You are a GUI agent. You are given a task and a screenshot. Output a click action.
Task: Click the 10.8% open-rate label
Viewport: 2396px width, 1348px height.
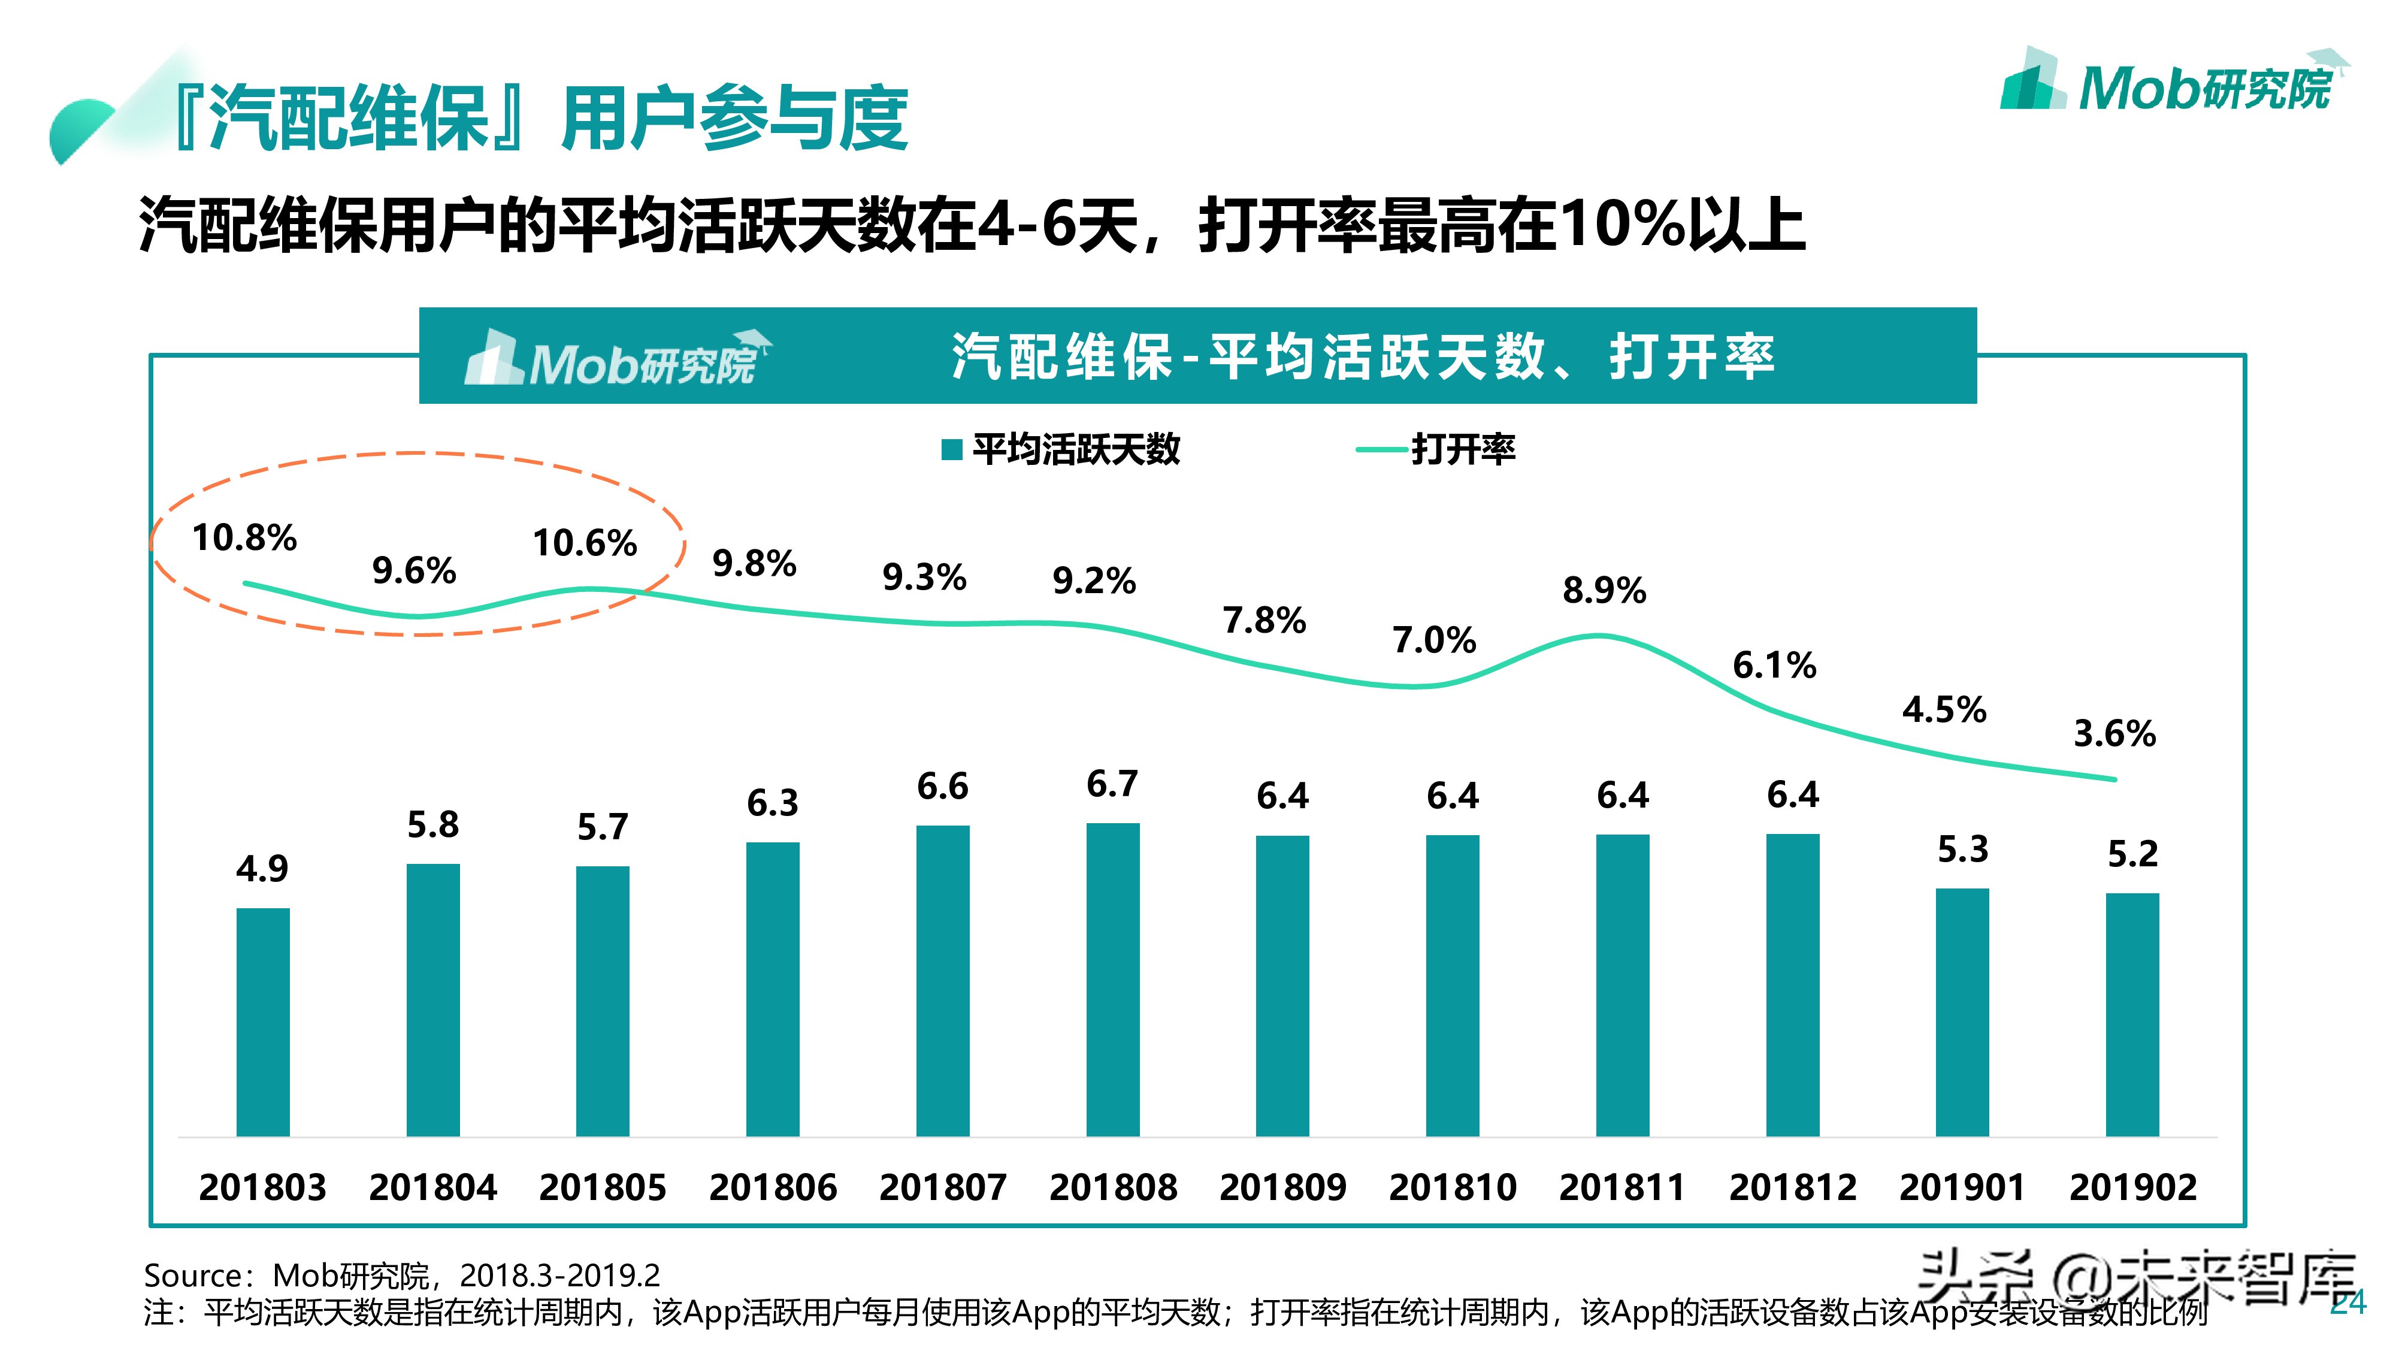tap(244, 538)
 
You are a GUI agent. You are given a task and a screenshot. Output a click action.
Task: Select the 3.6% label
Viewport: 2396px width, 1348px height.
tap(2114, 734)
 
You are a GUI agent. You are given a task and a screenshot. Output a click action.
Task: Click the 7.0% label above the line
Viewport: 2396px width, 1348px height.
tap(1433, 640)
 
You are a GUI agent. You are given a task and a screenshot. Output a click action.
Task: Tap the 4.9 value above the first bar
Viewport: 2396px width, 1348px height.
tap(262, 869)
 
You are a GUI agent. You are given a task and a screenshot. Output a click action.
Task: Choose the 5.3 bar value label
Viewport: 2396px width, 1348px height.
tap(1962, 850)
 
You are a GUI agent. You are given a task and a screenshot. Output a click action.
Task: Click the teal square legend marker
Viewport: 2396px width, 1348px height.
tap(951, 451)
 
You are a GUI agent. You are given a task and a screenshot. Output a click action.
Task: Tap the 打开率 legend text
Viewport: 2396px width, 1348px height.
tap(1463, 451)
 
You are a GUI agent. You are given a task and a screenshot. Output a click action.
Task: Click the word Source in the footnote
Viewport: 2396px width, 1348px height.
tap(192, 1274)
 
